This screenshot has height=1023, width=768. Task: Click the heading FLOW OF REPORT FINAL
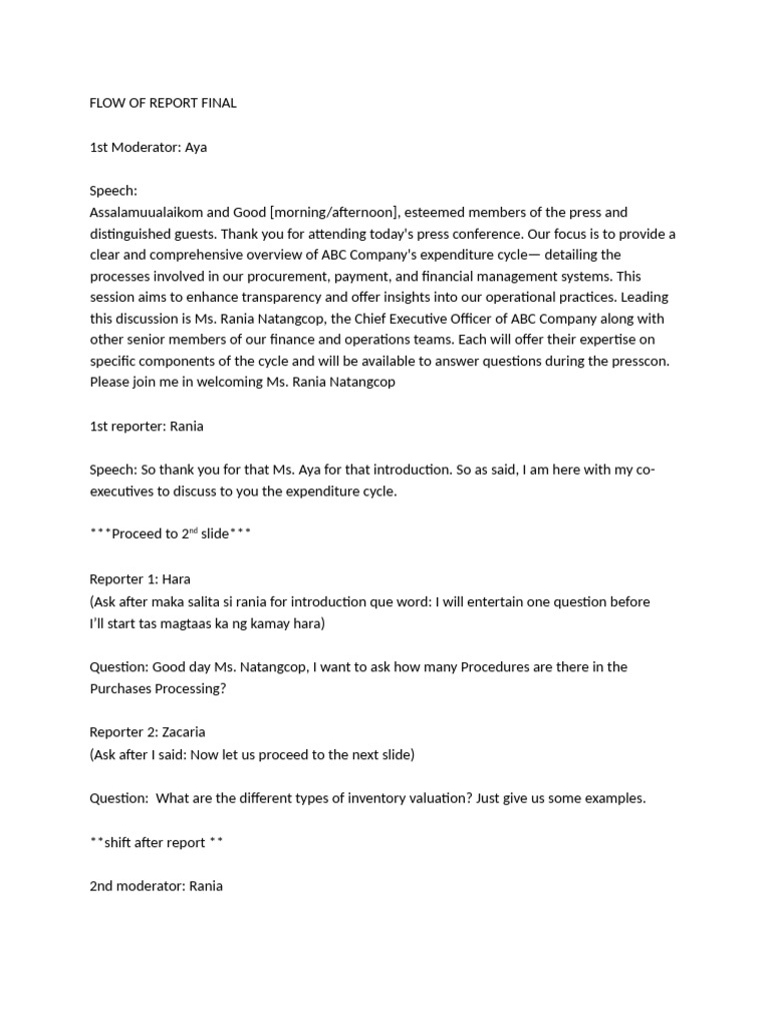[x=163, y=103]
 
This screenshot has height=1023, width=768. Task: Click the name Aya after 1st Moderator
[x=196, y=147]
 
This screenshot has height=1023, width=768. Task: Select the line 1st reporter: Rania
[x=147, y=427]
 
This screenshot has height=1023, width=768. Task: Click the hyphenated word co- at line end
[x=644, y=470]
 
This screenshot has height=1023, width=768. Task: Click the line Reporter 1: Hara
[x=140, y=579]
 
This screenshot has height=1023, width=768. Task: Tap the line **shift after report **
[x=156, y=841]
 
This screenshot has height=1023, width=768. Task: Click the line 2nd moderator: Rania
[x=156, y=885]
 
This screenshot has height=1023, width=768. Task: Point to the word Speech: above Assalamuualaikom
[x=114, y=190]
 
